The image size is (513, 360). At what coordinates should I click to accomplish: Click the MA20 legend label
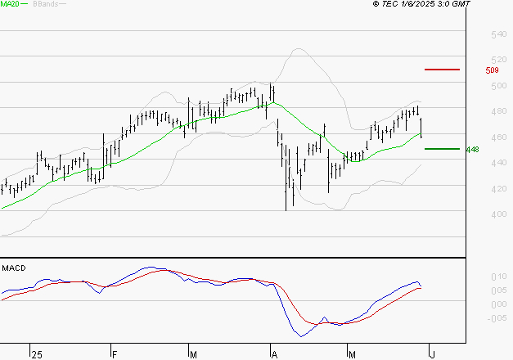click(x=10, y=5)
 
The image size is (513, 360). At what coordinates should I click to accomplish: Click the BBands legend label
click(x=45, y=5)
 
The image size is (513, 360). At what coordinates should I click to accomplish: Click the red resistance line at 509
click(x=442, y=70)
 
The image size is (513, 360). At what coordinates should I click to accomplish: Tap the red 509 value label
click(x=492, y=70)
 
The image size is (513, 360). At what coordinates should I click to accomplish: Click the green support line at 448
click(x=442, y=148)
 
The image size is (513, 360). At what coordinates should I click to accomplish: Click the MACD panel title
click(x=13, y=268)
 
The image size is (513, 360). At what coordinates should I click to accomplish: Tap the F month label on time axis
click(x=115, y=354)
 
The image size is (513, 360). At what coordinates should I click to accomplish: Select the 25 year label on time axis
click(x=35, y=354)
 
